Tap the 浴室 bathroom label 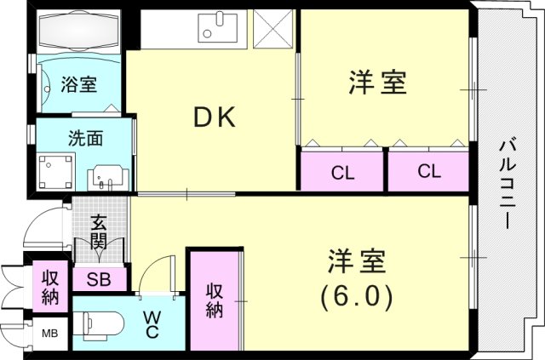pyautogui.click(x=78, y=84)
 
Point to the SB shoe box pyautogui.click(x=100, y=279)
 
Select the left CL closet pyautogui.click(x=342, y=171)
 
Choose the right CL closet pyautogui.click(x=429, y=171)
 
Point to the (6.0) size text pyautogui.click(x=355, y=295)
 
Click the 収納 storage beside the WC pyautogui.click(x=213, y=298)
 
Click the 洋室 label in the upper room pyautogui.click(x=377, y=83)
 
